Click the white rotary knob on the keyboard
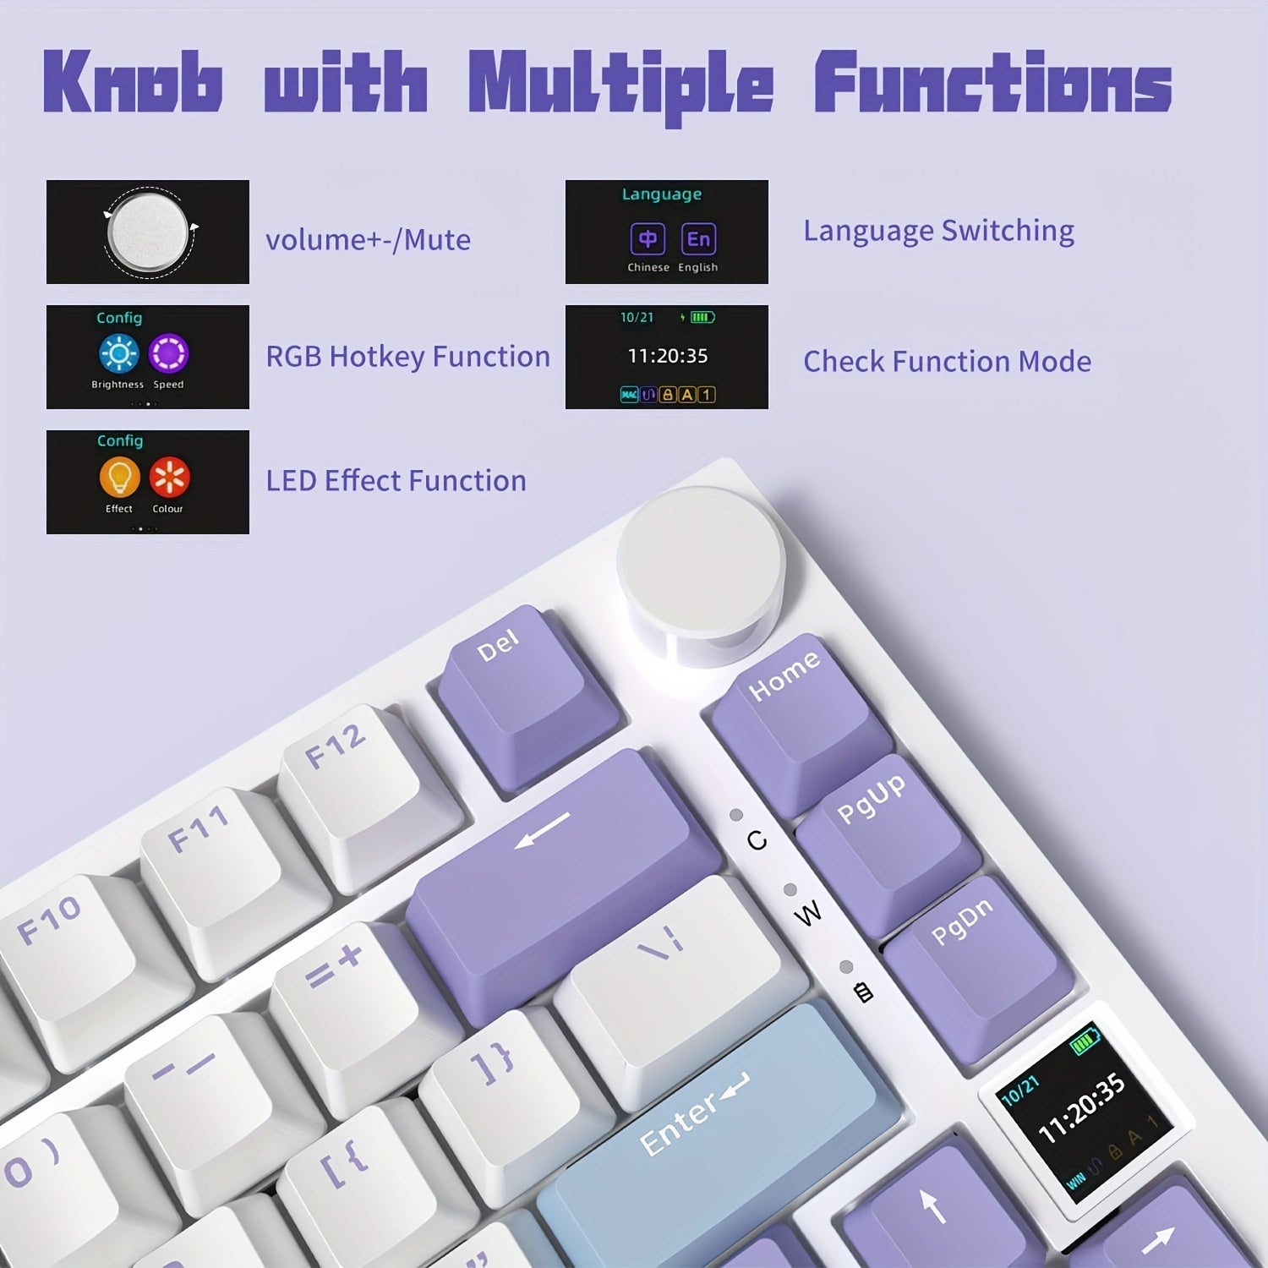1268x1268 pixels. [700, 558]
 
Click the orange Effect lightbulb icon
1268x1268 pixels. [119, 477]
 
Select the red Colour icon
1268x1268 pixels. [169, 477]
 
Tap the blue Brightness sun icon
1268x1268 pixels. [118, 353]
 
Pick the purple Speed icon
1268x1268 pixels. [168, 353]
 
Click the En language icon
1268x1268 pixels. [698, 239]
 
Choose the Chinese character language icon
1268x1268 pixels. [648, 239]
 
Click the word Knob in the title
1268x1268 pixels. [133, 82]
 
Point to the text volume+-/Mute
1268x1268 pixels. [368, 240]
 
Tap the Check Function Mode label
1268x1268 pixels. [947, 362]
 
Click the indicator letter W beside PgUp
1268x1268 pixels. [808, 913]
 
